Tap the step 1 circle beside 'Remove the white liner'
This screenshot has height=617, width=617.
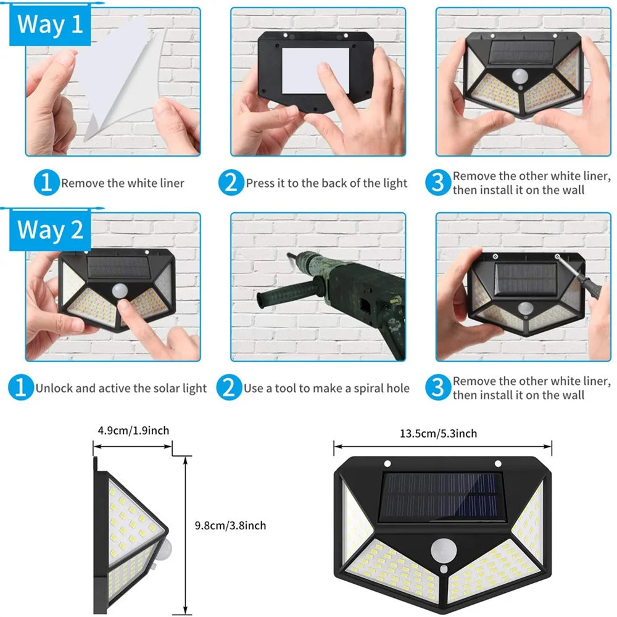click(x=46, y=183)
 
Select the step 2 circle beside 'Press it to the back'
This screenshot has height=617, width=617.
click(x=231, y=183)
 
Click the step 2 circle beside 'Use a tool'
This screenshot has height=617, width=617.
click(x=229, y=388)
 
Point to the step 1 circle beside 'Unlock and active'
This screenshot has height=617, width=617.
click(x=21, y=388)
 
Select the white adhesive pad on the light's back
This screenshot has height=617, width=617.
click(x=315, y=70)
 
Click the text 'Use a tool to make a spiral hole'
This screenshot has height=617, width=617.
click(x=326, y=388)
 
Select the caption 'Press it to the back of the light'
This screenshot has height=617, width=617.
click(x=326, y=183)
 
